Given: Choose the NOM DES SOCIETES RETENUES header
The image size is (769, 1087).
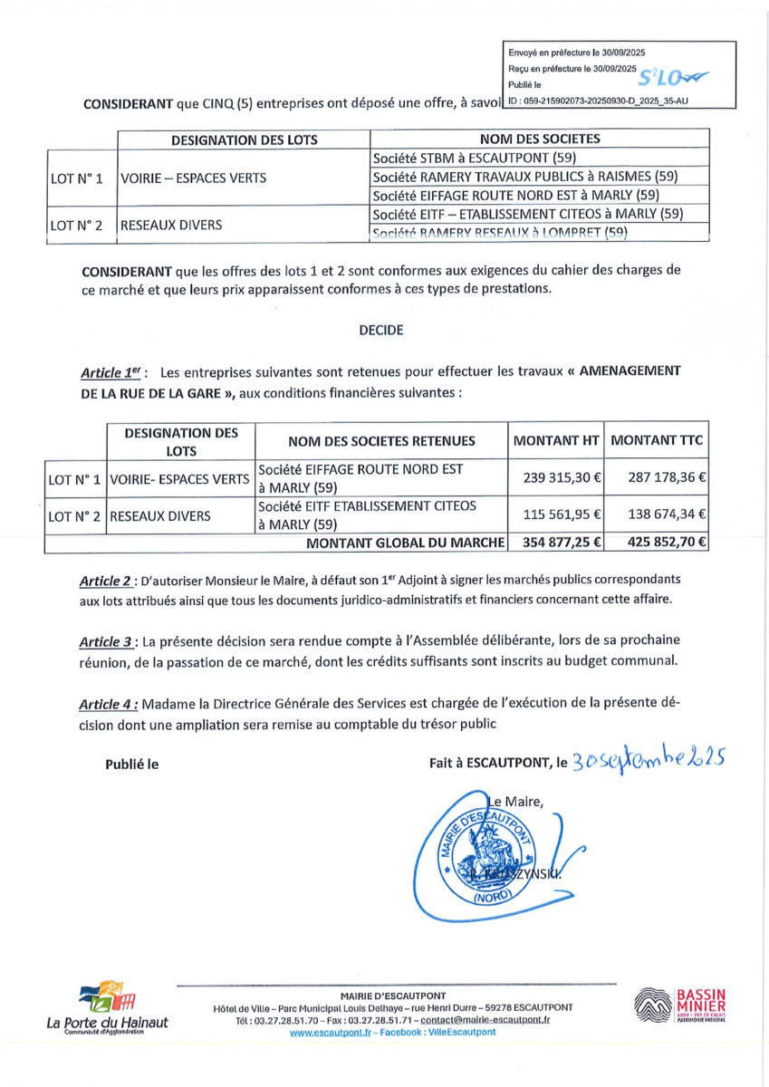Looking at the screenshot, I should click(381, 441).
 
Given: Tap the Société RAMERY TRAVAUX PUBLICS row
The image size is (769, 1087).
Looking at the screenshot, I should click(525, 176).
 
